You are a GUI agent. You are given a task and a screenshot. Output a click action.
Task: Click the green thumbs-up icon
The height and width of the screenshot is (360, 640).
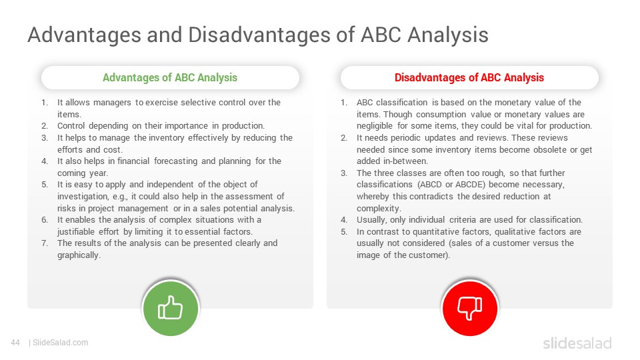tap(170, 308)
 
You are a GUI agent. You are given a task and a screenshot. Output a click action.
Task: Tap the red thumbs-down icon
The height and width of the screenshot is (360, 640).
tap(470, 308)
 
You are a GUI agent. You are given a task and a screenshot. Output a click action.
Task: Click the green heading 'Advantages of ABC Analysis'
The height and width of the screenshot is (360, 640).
tap(170, 77)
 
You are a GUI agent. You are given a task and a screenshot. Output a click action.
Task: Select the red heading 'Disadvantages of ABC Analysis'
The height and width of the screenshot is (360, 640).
tap(469, 77)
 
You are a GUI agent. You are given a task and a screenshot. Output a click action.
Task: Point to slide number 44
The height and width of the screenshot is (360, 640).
tap(15, 343)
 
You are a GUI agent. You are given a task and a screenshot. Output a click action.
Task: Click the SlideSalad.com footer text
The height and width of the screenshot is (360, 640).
tap(60, 343)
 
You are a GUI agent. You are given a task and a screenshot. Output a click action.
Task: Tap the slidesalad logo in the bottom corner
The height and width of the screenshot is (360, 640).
tap(577, 343)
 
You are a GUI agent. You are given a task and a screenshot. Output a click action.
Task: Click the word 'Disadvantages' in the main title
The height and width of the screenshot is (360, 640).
tap(259, 35)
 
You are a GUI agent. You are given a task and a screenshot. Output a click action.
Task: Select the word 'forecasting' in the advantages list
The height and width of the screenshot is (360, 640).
tap(175, 161)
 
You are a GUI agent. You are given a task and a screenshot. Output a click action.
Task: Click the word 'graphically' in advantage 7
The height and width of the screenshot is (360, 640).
tap(78, 255)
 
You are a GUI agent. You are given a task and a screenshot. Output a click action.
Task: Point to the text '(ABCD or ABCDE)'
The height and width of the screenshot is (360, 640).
tap(451, 185)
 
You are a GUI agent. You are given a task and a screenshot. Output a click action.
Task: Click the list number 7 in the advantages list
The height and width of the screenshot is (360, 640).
tap(45, 243)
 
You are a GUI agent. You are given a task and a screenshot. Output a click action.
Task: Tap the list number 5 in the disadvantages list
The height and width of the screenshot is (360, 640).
tap(344, 232)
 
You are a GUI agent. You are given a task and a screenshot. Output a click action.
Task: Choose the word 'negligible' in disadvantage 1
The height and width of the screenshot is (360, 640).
tap(375, 126)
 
